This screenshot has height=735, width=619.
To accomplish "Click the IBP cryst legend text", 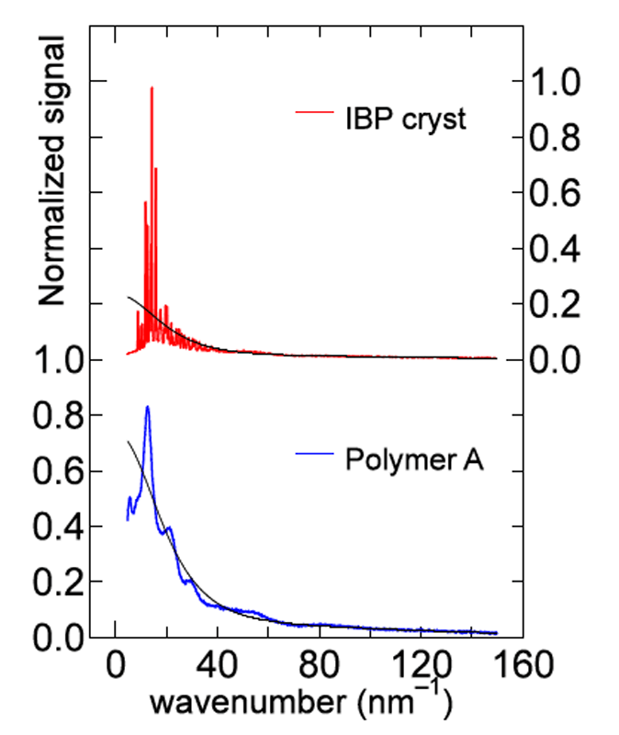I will point(406,119).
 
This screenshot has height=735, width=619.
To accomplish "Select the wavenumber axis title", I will point(300,705).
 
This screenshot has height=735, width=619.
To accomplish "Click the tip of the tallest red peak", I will point(152,88).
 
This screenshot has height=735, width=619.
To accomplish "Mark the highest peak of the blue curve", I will point(147,406).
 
